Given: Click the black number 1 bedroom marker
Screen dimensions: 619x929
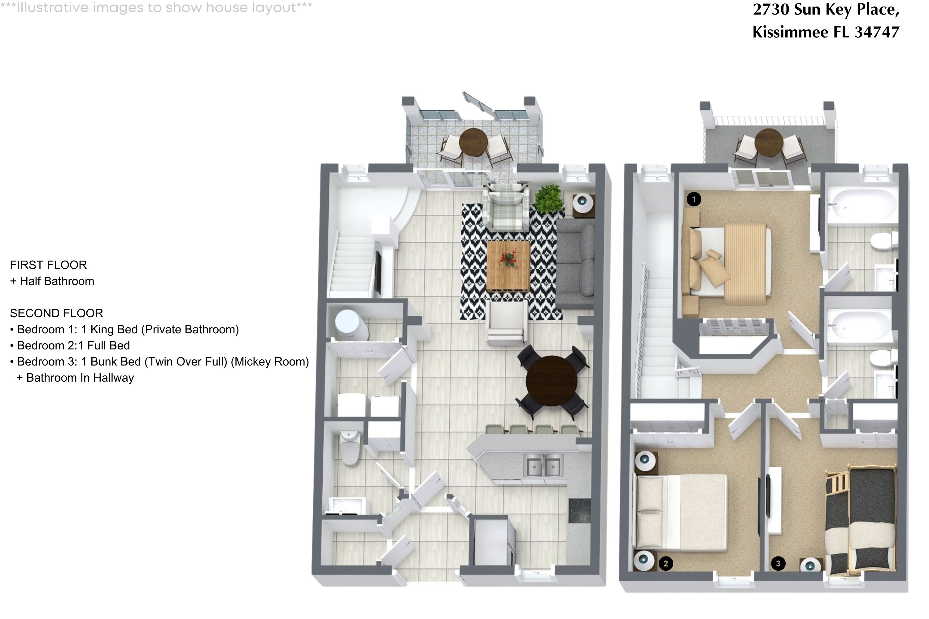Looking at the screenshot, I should coord(694,199).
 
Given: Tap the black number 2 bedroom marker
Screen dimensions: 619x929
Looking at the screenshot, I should coord(665,563).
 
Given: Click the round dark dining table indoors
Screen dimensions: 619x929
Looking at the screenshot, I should coord(552,381).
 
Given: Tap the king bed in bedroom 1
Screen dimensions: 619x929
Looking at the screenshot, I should coord(727,261).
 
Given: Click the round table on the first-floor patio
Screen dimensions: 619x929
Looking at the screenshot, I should coord(473,142).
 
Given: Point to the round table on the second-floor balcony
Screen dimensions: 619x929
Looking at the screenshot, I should coord(769,142).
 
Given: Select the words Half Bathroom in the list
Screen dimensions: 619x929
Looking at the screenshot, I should coord(57,281).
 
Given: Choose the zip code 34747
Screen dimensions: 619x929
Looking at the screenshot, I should coord(877,32).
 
